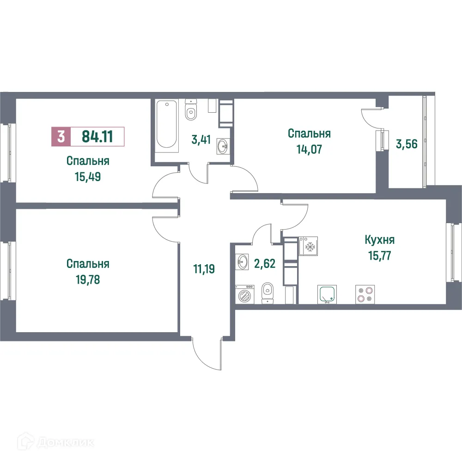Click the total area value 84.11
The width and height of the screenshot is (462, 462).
97,136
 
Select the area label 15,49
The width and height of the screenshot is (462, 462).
87,177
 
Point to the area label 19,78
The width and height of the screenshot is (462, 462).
87,280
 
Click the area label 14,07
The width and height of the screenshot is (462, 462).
309,149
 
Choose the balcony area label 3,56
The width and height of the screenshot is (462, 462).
407,144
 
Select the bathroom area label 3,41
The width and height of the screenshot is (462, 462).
202,139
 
